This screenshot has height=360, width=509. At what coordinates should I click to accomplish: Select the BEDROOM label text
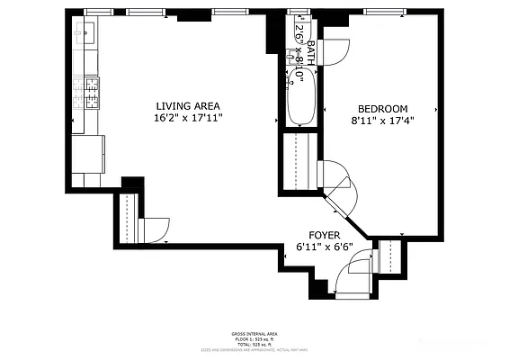tap(382, 108)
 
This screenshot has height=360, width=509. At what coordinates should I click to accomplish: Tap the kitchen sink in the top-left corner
tap(86, 33)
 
